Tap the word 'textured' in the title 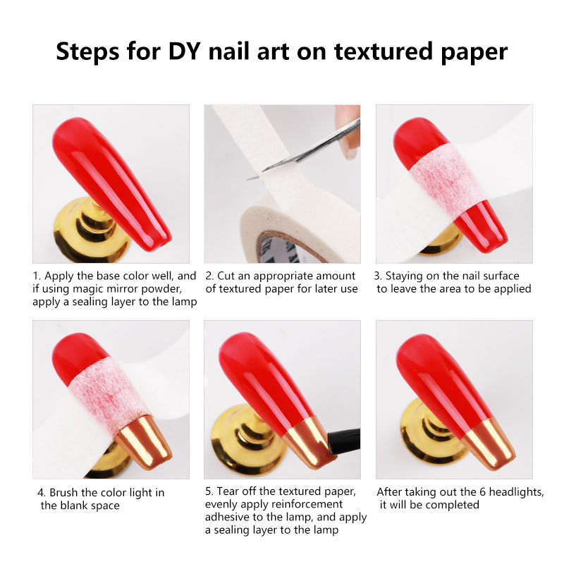384,51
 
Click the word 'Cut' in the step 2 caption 226,276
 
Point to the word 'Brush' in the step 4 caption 63,492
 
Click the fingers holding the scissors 348,130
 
